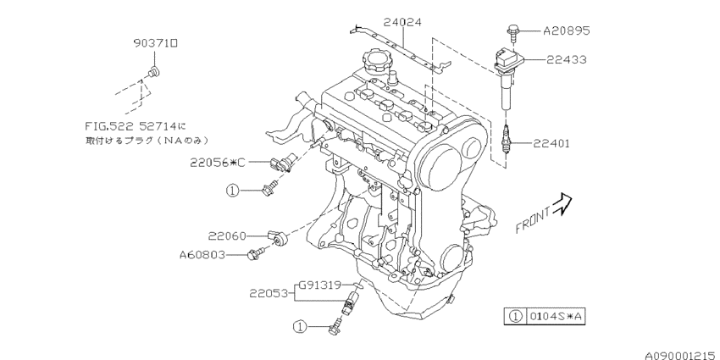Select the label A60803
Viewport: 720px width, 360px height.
click(x=203, y=253)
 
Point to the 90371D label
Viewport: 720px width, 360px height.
click(x=155, y=41)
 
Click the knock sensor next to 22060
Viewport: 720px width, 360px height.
click(x=278, y=236)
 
